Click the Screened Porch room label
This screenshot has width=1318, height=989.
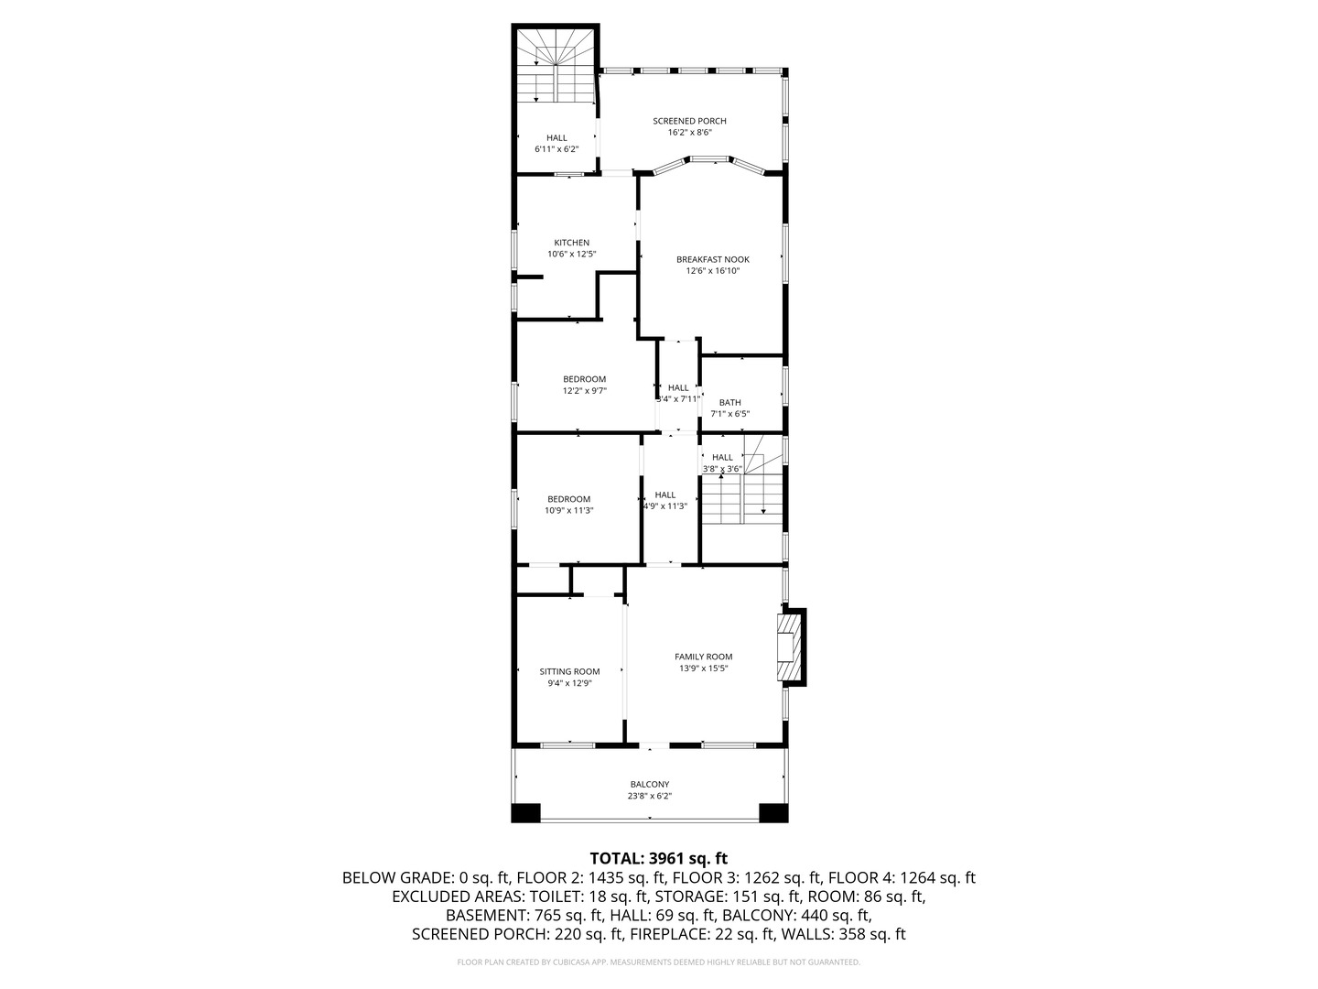tap(689, 121)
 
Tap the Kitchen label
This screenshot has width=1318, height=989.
tap(571, 243)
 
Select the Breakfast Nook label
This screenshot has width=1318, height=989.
tap(712, 259)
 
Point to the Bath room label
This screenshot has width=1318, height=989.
tap(729, 402)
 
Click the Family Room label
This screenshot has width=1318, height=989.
tap(703, 657)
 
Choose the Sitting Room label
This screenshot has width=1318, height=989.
tap(569, 671)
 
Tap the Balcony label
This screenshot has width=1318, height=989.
tap(649, 784)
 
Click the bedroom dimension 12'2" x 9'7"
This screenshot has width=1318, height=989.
tap(584, 391)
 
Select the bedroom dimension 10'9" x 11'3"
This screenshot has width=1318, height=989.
tap(568, 511)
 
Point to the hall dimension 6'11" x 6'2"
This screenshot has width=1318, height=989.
tap(556, 148)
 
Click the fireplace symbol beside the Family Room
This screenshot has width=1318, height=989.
tap(786, 647)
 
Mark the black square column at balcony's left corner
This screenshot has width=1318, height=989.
tap(526, 812)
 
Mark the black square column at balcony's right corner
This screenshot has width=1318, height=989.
tap(773, 812)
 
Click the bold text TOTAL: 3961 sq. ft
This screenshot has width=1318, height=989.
tap(658, 858)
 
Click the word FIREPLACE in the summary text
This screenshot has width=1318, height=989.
tap(665, 935)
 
